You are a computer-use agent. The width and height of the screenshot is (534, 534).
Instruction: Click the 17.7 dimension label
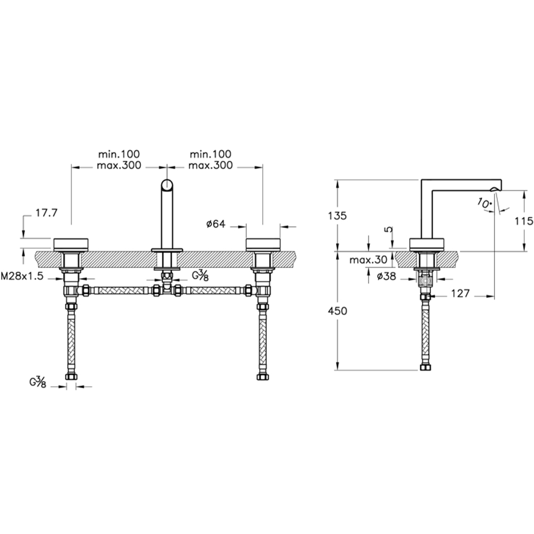point(46,213)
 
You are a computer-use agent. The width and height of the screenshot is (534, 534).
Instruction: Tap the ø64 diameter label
point(216,224)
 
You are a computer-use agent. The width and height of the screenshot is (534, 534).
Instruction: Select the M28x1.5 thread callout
point(22,276)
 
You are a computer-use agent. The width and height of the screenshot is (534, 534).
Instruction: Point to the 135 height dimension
point(337,216)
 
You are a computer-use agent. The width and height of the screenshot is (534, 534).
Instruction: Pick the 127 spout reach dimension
point(460,293)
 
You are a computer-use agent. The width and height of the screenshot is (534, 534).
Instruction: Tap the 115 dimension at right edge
point(524,222)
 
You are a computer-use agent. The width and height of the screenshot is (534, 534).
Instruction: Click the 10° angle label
point(484,203)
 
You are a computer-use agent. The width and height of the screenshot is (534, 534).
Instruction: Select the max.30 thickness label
point(368,260)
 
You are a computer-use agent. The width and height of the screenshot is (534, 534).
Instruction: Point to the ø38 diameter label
point(387,276)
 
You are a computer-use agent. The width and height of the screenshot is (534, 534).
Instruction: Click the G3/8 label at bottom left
point(38,383)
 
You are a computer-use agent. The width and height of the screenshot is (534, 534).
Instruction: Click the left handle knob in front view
point(71,244)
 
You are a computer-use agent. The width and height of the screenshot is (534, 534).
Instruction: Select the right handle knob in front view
point(263,244)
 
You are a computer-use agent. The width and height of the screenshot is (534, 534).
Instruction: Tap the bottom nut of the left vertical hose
point(71,376)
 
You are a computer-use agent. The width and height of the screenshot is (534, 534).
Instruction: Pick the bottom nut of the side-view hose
point(426,367)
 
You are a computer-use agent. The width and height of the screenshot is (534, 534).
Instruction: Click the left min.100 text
point(119,154)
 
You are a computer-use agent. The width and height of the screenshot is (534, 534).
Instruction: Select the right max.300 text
point(210,166)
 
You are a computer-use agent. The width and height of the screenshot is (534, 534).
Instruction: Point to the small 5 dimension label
point(389,229)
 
